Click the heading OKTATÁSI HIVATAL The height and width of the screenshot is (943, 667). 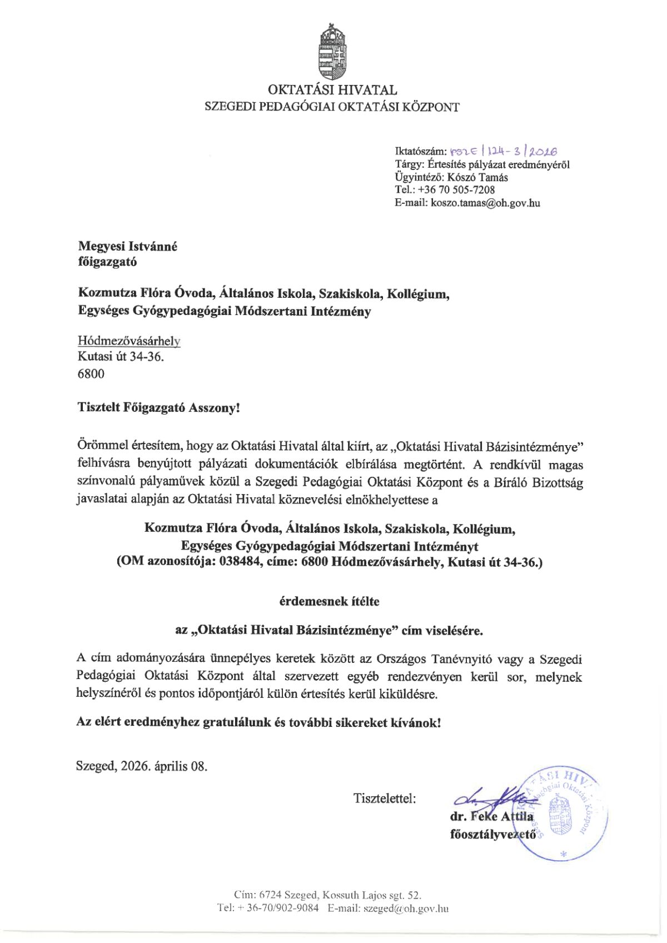pos(332,89)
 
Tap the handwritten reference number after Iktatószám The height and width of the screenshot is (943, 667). pos(504,151)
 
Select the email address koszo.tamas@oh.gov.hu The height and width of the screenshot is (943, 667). pos(485,203)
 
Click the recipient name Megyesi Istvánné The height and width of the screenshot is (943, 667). pos(127,246)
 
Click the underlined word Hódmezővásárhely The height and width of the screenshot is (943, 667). pos(129,341)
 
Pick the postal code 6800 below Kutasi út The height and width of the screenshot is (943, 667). pos(91,373)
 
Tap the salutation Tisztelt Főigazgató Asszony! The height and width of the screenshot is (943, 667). pos(159,407)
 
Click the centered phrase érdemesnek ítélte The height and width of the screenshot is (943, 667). pos(329,601)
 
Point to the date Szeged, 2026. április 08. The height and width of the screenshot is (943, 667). pos(142,766)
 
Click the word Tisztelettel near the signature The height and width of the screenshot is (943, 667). pos(385,799)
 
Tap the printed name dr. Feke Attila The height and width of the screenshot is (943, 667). pos(491,817)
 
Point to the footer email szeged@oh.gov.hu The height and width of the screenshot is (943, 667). pos(406,909)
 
